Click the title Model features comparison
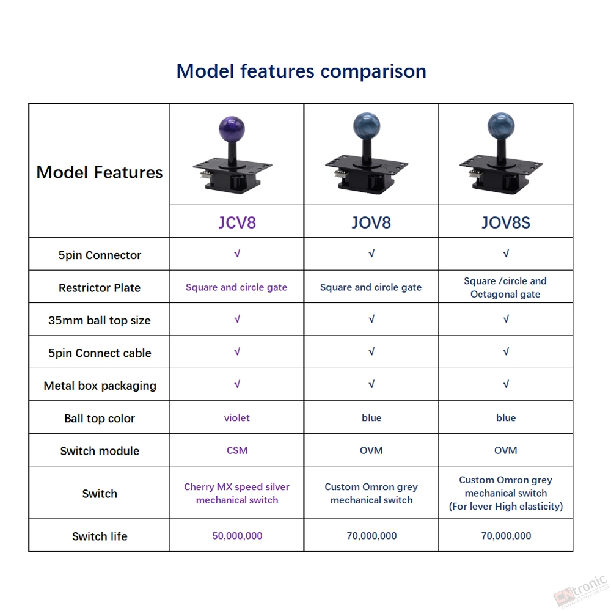point(301,71)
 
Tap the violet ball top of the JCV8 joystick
point(232,128)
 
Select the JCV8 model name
point(237,222)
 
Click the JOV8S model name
point(506,222)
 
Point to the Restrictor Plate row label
point(100,288)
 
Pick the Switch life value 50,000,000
point(237,536)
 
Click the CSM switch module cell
point(237,450)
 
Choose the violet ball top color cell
point(237,418)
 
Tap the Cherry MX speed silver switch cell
point(237,493)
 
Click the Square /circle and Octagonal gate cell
point(505,287)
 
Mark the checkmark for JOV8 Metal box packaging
point(371,384)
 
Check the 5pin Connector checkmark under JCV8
point(237,254)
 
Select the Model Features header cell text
point(100,172)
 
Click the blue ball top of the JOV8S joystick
point(501,126)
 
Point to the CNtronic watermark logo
point(580,591)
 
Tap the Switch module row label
point(100,451)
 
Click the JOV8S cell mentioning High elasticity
point(506,493)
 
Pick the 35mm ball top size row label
point(100,320)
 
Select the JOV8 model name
point(371,222)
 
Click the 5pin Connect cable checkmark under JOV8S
point(506,351)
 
